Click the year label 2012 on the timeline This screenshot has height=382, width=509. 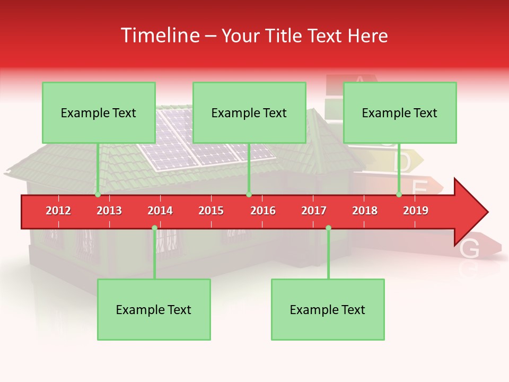58,211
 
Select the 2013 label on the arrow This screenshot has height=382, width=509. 109,211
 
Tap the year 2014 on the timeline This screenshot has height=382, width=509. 160,211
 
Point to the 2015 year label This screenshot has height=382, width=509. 211,211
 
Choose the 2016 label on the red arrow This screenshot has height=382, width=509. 263,211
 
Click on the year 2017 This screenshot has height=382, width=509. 314,211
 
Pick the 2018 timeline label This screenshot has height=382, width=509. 365,211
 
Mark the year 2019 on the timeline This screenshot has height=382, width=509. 416,211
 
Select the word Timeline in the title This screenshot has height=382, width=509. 159,36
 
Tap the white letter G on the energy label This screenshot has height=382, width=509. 470,248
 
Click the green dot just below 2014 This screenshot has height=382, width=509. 154,228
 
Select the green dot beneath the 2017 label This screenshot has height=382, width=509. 328,228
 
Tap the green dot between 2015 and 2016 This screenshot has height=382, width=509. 249,195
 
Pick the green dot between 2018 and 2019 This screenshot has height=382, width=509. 399,195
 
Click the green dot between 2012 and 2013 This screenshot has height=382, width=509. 98,195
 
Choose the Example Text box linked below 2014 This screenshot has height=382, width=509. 154,310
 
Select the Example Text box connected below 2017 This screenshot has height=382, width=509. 328,310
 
